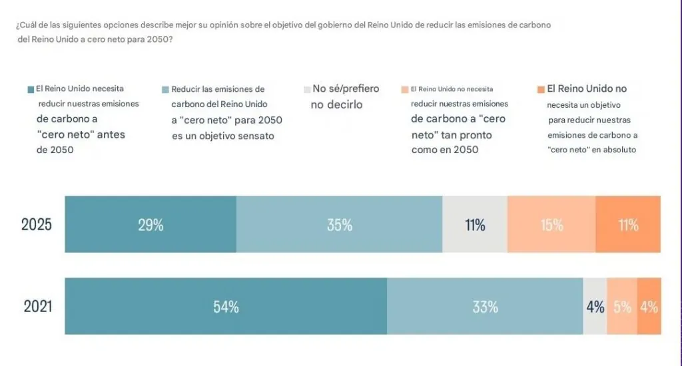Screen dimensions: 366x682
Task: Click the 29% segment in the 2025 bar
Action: pyautogui.click(x=151, y=225)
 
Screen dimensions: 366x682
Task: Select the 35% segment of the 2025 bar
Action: pyautogui.click(x=339, y=225)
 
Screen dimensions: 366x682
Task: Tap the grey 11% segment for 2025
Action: pyautogui.click(x=475, y=225)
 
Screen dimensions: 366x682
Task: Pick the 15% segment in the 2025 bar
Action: pyautogui.click(x=551, y=225)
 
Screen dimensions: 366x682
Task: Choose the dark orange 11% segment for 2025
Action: pyautogui.click(x=628, y=225)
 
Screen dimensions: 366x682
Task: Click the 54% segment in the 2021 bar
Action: pyautogui.click(x=226, y=307)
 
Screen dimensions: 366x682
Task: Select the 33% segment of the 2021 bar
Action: pyautogui.click(x=485, y=307)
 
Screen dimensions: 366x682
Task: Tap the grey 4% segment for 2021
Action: pyautogui.click(x=595, y=307)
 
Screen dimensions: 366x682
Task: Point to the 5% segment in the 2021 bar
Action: pyautogui.click(x=622, y=307)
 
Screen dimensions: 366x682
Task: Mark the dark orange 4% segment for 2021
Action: pyautogui.click(x=649, y=307)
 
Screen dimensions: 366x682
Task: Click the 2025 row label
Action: pyautogui.click(x=37, y=225)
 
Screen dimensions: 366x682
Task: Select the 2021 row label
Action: pyautogui.click(x=38, y=307)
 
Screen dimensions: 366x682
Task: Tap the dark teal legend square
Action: pyautogui.click(x=31, y=89)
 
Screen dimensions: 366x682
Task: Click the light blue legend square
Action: pyautogui.click(x=165, y=89)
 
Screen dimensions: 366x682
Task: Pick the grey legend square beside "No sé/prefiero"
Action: pyautogui.click(x=306, y=89)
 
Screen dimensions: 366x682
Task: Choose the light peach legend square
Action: pyautogui.click(x=404, y=89)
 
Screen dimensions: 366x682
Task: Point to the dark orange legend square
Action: pyautogui.click(x=541, y=89)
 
